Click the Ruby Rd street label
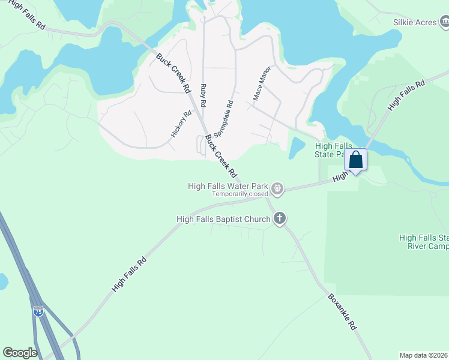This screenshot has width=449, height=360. pos(203,95)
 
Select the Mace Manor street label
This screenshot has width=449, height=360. pos(262,83)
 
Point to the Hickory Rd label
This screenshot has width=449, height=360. pos(181,124)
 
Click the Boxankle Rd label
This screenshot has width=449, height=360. pos(343,311)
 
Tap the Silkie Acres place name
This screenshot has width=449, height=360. pos(414,22)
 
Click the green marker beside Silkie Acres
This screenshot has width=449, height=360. pos(444,23)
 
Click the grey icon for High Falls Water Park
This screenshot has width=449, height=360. pos(277,189)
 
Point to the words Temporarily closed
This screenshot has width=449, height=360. pos(239,194)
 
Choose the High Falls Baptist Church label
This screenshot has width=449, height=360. pos(223,219)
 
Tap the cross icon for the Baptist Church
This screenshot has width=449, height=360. pos(280,219)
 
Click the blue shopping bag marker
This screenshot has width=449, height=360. pos(355,160)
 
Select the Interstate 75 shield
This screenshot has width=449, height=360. pos(38,312)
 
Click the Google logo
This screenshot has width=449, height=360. pos(20,353)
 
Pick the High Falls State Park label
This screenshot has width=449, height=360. pos(332,150)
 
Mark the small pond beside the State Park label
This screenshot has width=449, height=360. pos(296,147)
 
